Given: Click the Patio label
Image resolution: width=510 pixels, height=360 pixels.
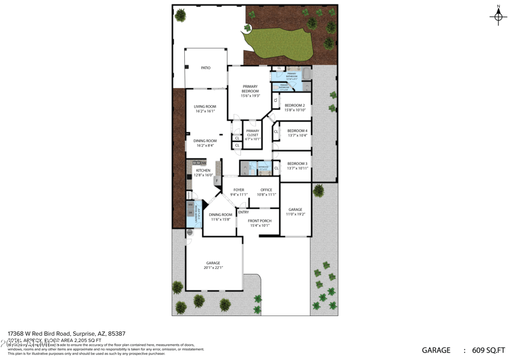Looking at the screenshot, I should tap(205, 68).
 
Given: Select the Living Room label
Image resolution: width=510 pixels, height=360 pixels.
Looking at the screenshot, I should tap(205, 109).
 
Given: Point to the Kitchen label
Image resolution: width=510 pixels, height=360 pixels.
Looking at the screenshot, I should tap(203, 173).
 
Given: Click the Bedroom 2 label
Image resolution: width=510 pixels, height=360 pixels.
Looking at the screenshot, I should tap(295, 107).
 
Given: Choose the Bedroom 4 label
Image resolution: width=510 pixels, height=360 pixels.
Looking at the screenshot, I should tap(297, 133).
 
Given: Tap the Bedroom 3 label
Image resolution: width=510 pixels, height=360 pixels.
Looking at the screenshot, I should tap(297, 166).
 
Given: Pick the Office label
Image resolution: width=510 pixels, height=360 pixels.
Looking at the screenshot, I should tap(266, 192).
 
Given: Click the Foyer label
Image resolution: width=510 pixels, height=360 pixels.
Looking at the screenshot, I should tap(238, 192).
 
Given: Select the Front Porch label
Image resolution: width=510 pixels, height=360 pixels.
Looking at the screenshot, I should tap(259, 223).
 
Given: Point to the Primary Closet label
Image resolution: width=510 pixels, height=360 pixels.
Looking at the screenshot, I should tap(253, 134).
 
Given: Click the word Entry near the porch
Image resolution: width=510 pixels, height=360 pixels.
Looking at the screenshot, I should tap(244, 212).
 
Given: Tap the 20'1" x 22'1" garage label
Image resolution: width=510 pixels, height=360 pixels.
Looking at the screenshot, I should tap(213, 265).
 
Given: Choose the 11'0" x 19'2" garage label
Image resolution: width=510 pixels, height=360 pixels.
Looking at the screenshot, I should tap(295, 212).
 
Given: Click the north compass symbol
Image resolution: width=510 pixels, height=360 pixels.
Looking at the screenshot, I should tap(499, 16).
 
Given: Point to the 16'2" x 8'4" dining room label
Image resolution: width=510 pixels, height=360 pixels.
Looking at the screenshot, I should tap(205, 143).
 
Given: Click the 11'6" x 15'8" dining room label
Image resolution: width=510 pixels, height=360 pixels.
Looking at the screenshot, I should tap(221, 217).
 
